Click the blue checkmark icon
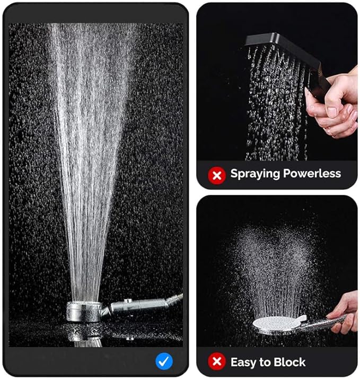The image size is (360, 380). [164, 361]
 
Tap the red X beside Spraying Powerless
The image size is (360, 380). [217, 176]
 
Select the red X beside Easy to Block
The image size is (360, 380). [217, 361]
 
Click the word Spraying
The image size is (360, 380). [255, 174]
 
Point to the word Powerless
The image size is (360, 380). [312, 173]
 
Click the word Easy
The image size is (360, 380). [243, 363]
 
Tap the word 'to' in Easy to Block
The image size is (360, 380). [266, 362]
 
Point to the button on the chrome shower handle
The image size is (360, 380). [128, 300]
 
